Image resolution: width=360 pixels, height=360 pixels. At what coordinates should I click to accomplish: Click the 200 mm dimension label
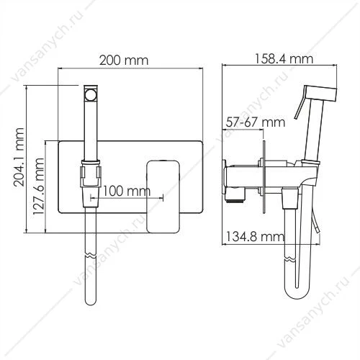[x=124, y=60]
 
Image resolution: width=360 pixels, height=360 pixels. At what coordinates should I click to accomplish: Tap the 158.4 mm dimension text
[x=284, y=59]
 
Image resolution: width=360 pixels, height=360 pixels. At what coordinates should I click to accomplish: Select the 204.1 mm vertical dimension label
[x=19, y=158]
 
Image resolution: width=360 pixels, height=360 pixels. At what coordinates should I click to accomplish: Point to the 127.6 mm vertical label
[x=38, y=187]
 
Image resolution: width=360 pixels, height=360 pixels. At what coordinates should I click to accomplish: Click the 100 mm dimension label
[x=127, y=192]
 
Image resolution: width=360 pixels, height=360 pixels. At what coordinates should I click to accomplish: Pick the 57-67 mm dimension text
[x=256, y=122]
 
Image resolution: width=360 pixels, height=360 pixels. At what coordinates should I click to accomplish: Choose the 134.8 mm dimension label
[x=255, y=237]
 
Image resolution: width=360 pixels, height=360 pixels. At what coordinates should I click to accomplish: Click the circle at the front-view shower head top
[x=91, y=94]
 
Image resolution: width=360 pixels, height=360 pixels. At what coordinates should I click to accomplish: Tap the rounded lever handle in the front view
[x=163, y=197]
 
